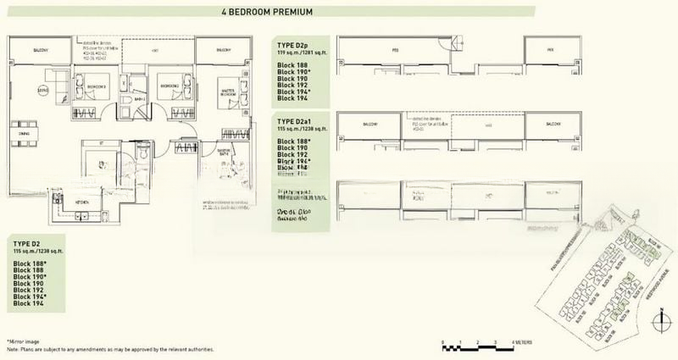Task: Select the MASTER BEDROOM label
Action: pyautogui.click(x=208, y=92)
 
